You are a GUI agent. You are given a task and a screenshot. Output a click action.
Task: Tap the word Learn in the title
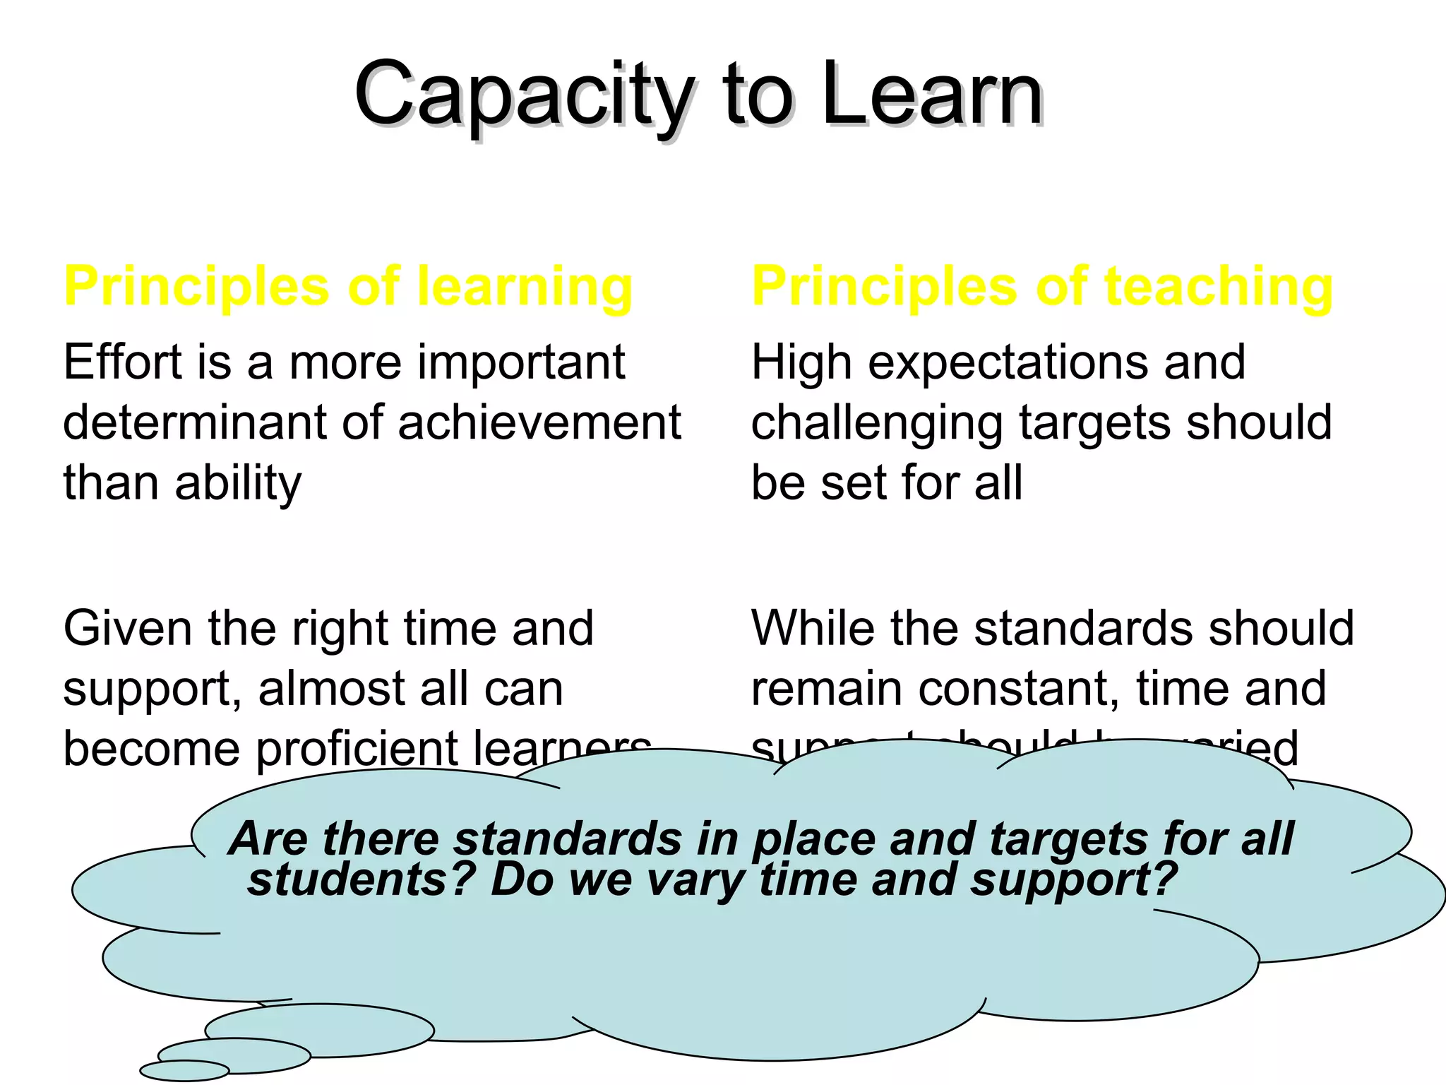coord(932,95)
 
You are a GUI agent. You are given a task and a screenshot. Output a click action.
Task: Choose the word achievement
coord(539,422)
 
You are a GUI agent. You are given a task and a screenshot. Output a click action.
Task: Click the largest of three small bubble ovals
coord(319,1030)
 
